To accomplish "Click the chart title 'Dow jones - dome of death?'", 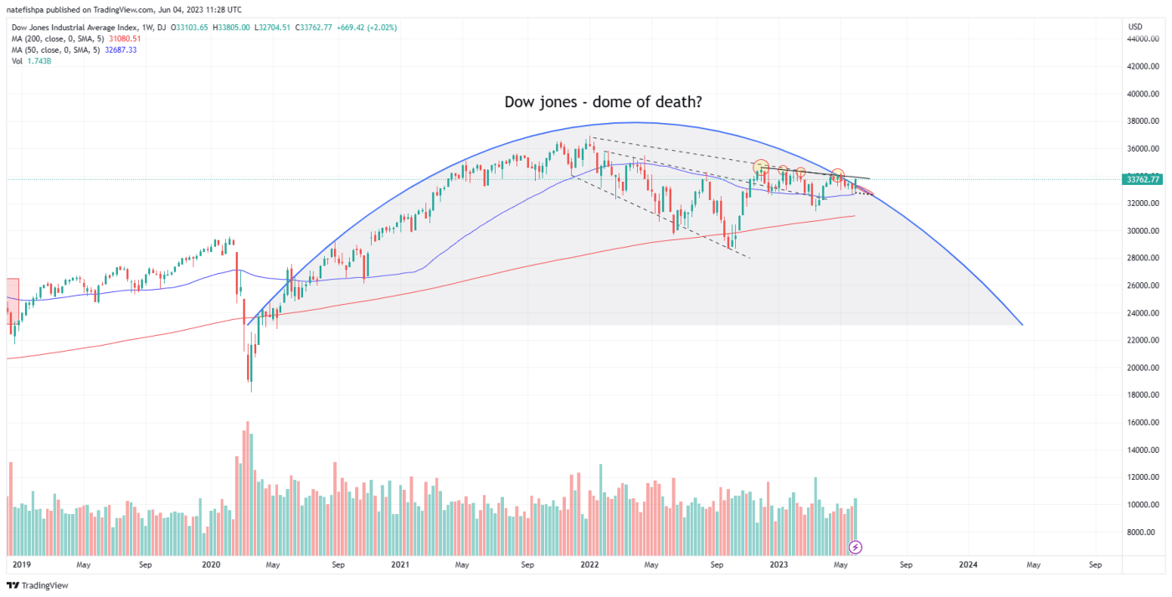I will (x=603, y=102).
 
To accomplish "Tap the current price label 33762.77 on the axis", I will (x=1143, y=179).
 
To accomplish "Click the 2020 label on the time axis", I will (x=210, y=565).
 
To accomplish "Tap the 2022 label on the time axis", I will (x=590, y=565).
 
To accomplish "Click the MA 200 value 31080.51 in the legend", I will (x=124, y=39).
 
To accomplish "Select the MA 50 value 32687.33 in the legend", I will (x=120, y=49).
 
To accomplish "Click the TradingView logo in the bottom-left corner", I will (x=38, y=585).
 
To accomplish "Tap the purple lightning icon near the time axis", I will (x=855, y=548).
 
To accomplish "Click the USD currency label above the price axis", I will (x=1135, y=28).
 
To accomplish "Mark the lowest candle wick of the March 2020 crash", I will (x=250, y=391).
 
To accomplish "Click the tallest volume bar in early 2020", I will (x=247, y=422).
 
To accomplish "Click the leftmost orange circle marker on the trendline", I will (x=760, y=167).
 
